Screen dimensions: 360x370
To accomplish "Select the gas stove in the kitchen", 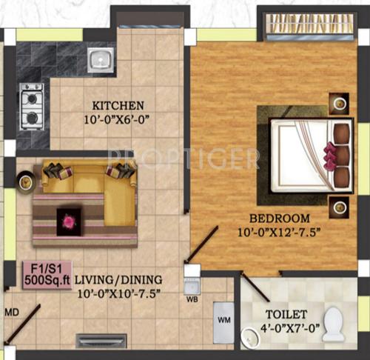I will point(32,106).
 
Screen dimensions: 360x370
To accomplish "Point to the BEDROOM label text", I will point(279,219).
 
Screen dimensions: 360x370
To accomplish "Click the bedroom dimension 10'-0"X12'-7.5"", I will point(280,233).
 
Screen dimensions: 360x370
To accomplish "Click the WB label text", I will point(192,300).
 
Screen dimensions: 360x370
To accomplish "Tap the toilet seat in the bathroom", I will point(335,324).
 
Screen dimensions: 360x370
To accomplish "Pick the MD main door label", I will point(10,312).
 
